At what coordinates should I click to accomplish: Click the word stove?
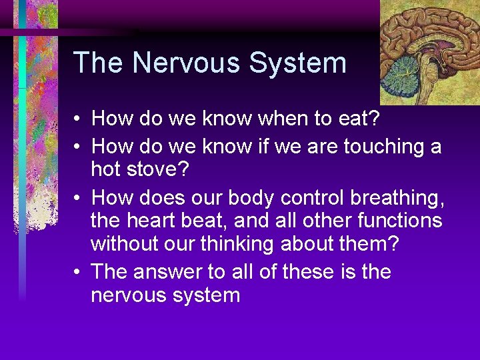pos(163,169)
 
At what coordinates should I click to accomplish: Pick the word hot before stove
pos(107,169)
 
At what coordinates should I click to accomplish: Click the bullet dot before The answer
pos(77,273)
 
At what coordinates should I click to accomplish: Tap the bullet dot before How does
pos(77,199)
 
